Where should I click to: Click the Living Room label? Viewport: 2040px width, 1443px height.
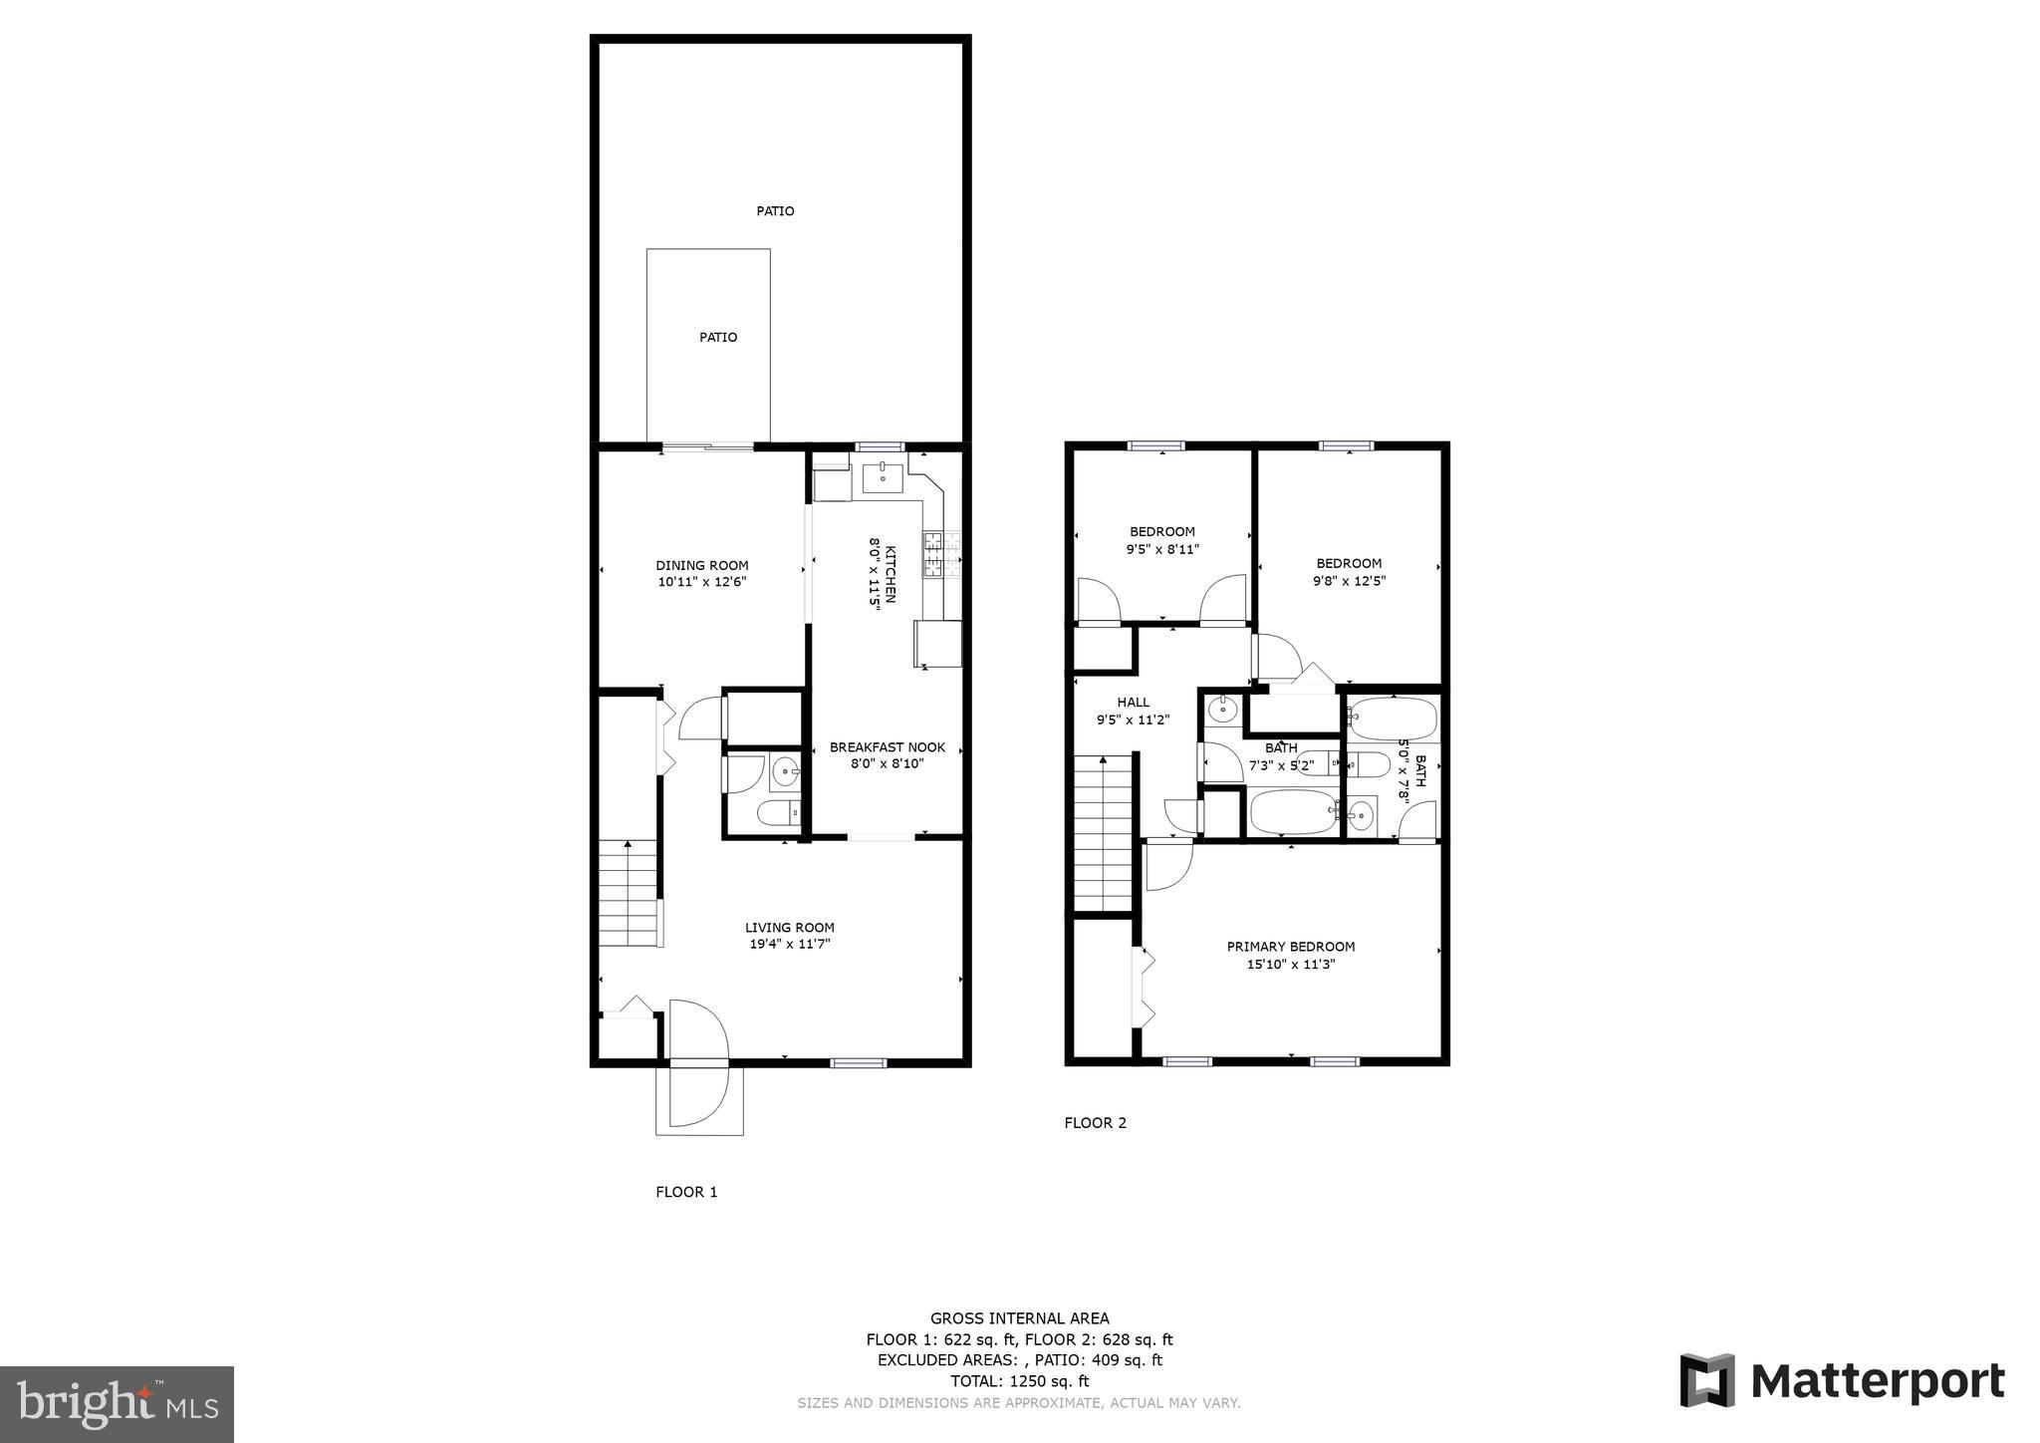point(789,927)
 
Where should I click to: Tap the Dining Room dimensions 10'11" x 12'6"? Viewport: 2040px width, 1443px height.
point(701,582)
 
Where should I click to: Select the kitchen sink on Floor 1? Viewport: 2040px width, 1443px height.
point(882,478)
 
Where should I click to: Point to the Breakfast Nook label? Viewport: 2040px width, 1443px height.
point(887,747)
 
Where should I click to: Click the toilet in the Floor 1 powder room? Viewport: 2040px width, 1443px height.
point(778,814)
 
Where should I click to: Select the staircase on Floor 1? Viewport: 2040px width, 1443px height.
point(629,893)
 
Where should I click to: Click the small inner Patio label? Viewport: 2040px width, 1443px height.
point(717,337)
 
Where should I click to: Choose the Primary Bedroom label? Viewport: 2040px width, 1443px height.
point(1290,947)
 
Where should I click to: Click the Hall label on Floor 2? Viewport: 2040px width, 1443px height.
point(1133,703)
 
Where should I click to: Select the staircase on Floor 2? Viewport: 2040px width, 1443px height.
point(1103,832)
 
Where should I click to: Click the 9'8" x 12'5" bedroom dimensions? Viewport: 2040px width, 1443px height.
point(1349,581)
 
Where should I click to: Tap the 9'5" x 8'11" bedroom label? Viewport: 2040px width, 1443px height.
point(1161,531)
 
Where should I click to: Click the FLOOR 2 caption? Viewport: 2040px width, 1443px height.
point(1095,1123)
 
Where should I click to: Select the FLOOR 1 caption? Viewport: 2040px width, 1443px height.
point(686,1192)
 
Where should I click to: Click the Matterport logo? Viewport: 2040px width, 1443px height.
point(1842,1381)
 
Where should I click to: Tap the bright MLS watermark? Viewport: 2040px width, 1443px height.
point(117,1404)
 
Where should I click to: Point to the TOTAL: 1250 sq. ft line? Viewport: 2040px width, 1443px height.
point(1019,1381)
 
